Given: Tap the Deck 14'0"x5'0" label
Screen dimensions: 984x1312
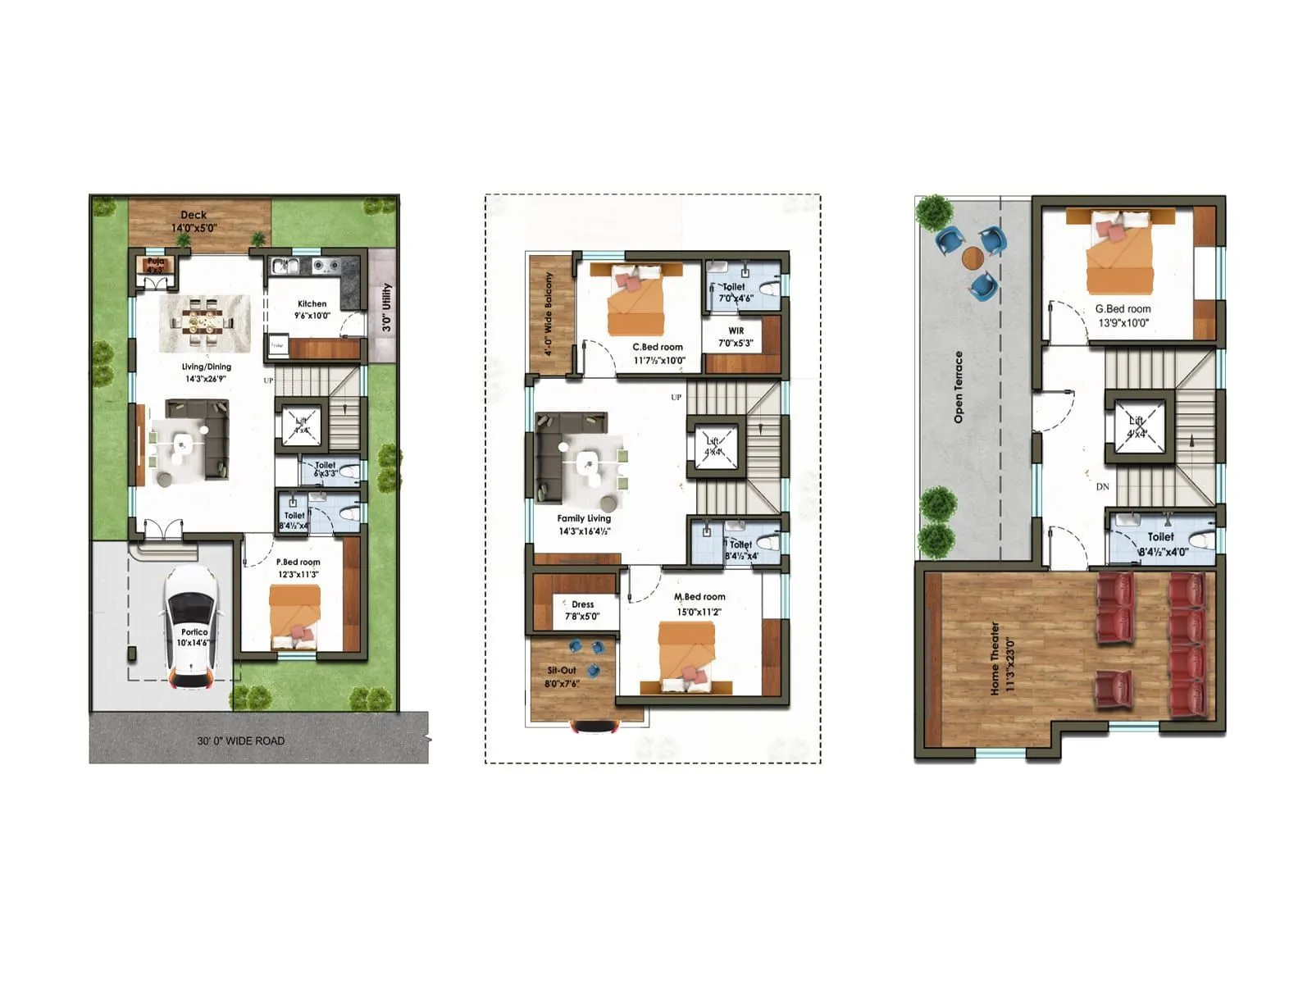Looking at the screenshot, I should (194, 221).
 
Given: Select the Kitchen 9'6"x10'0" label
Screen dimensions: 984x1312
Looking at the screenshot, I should (312, 309).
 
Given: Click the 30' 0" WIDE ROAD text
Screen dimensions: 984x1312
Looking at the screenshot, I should (240, 740).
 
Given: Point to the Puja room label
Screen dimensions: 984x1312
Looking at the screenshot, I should (155, 264).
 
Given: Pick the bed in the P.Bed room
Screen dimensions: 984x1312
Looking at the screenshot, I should (294, 617).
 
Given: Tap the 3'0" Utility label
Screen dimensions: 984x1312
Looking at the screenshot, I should (386, 307).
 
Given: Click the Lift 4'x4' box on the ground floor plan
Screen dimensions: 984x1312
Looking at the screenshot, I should (301, 425).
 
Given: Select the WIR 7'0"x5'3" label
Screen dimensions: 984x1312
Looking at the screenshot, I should (736, 337).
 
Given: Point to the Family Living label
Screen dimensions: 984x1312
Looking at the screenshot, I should (584, 524).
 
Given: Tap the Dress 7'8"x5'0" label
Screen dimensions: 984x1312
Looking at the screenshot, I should (582, 610).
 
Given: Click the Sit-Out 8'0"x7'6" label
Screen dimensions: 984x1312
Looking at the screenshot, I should (562, 676).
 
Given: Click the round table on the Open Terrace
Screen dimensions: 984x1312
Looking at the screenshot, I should (973, 257).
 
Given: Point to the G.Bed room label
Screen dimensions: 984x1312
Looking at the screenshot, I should (1123, 316).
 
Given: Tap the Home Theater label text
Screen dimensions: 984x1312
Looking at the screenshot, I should (1001, 658).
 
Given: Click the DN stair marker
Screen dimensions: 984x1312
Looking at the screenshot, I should (1102, 486).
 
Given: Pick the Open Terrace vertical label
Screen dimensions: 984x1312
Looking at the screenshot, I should (958, 387).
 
